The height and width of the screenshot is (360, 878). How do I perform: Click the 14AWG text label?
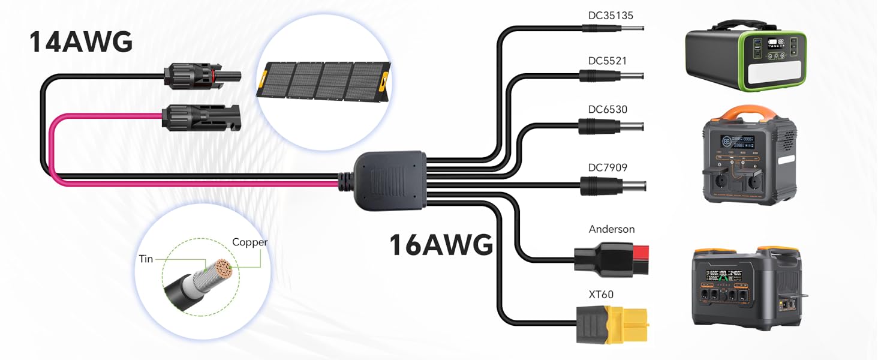tap(81, 42)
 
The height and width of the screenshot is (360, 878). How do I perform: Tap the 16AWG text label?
tap(441, 245)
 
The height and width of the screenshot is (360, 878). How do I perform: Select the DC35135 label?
tap(611, 16)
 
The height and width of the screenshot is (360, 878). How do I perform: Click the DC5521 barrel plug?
tap(612, 76)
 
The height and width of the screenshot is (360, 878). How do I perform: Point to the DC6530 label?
tap(608, 109)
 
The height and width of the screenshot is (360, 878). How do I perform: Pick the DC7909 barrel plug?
tap(613, 186)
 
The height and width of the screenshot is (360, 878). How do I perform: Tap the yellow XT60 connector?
tap(612, 325)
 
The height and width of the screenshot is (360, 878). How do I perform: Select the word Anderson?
tap(612, 229)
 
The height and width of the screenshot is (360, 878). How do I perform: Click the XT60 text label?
tap(601, 295)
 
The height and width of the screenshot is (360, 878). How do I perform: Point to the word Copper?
tap(249, 242)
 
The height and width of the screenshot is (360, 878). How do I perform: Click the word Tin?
tap(146, 259)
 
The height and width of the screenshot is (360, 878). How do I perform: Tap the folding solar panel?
tap(324, 81)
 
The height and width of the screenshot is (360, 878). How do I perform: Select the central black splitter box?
tap(389, 181)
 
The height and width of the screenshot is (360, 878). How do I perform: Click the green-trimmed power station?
tap(745, 56)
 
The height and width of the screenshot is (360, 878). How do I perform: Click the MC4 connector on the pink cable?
tap(201, 117)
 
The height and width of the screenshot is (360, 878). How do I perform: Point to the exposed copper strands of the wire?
tap(223, 269)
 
